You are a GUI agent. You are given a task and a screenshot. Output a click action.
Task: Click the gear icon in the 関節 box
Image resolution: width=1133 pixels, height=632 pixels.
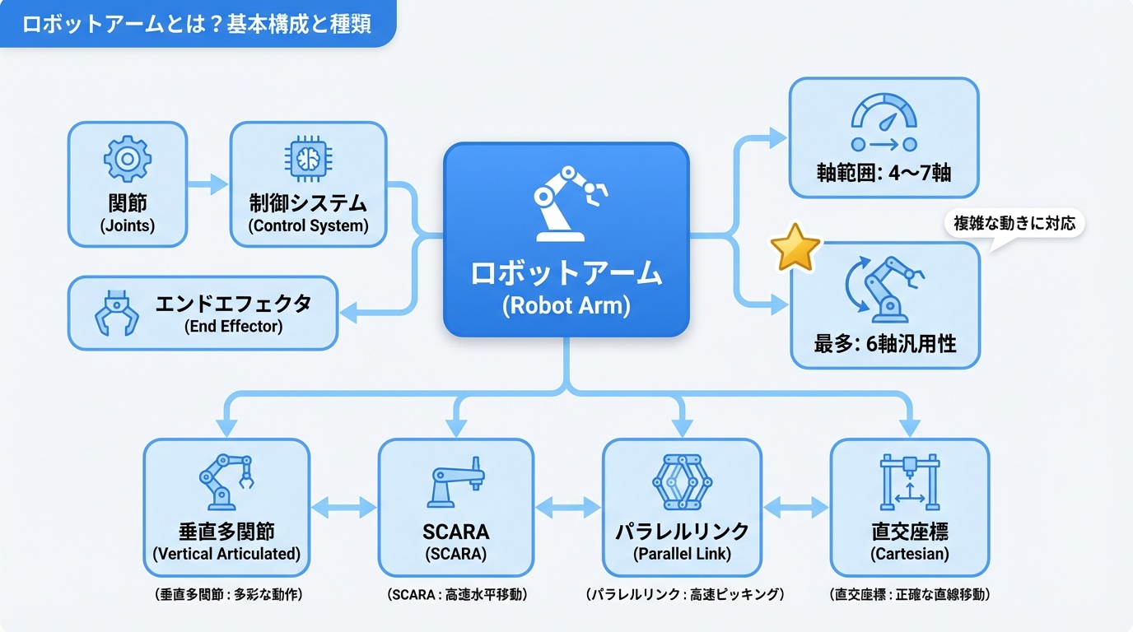click(x=127, y=159)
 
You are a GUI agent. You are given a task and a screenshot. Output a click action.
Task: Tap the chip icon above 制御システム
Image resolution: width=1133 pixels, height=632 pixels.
click(x=306, y=159)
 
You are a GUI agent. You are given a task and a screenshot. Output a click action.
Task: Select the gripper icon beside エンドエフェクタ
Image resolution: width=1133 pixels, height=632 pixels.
click(x=117, y=313)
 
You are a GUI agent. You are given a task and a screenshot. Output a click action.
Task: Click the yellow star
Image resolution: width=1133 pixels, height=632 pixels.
click(x=795, y=248)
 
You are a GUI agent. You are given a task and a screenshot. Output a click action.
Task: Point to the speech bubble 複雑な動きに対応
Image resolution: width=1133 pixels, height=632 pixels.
click(x=1014, y=223)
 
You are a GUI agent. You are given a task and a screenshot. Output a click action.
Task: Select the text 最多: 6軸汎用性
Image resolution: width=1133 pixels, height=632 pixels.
click(x=885, y=344)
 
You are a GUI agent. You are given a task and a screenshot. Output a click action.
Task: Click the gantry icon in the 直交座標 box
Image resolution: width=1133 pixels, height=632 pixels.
click(x=909, y=481)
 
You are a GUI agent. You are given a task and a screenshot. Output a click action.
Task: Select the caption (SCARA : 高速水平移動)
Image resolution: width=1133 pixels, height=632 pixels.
click(x=456, y=594)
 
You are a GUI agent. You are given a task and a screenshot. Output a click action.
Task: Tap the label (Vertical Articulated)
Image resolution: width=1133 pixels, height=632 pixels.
click(x=226, y=554)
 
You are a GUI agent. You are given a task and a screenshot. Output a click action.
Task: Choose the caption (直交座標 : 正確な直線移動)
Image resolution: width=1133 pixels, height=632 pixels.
click(x=909, y=594)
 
